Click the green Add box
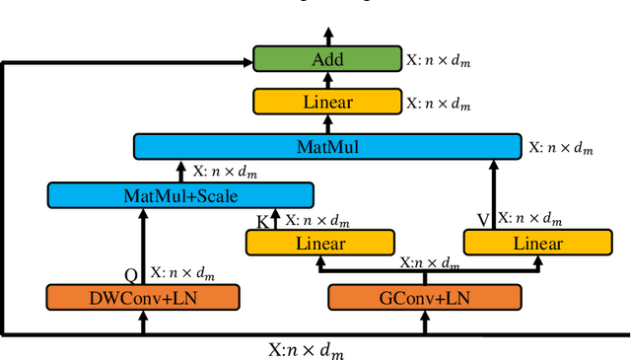[327, 59]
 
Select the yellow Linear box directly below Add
[327, 102]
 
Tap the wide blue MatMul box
[327, 147]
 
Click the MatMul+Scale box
[180, 194]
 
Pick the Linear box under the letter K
[319, 243]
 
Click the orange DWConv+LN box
[143, 297]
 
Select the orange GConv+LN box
[425, 297]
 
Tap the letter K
[261, 221]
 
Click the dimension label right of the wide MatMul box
[562, 147]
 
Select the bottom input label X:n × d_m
[307, 349]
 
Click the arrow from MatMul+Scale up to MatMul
[180, 171]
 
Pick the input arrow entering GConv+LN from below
[425, 323]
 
